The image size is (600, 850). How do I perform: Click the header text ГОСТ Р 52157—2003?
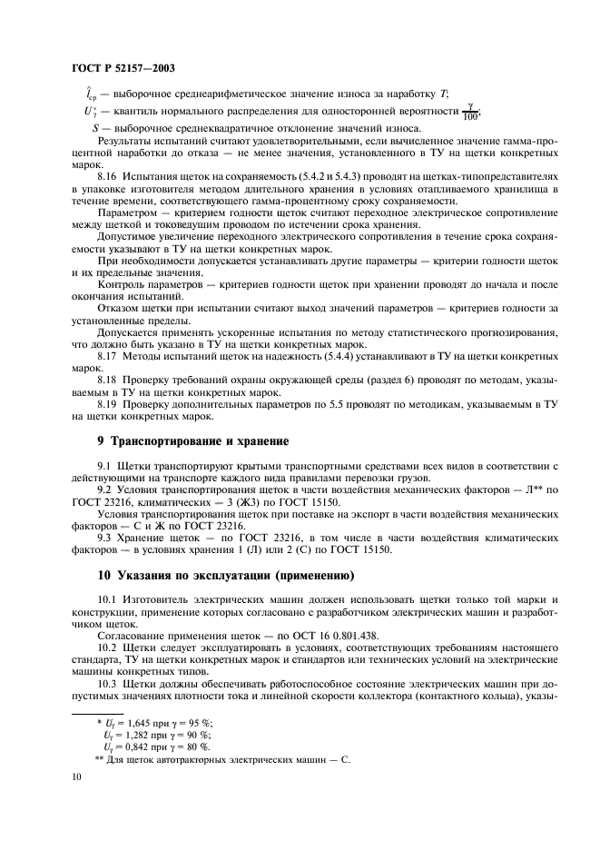pyautogui.click(x=123, y=68)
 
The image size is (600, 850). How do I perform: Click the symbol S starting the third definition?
pyautogui.click(x=95, y=128)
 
